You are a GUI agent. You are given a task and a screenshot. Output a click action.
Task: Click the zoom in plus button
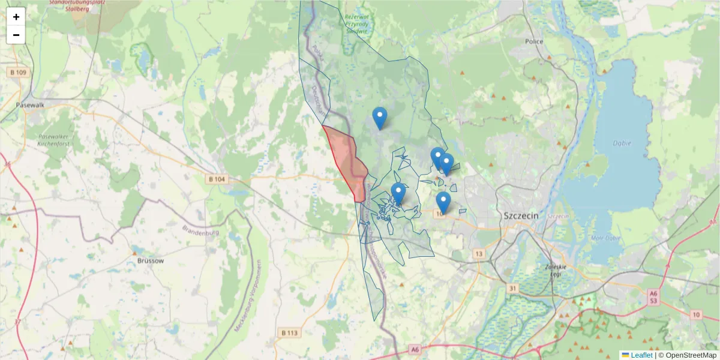click(16, 17)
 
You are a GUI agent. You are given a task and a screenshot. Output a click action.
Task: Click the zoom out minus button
click(16, 35)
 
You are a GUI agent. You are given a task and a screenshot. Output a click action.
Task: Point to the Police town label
click(533, 41)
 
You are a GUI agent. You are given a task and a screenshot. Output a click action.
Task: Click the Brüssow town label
click(150, 261)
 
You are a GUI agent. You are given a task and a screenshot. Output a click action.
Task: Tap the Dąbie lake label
click(620, 143)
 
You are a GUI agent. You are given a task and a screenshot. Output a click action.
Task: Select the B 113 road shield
click(289, 332)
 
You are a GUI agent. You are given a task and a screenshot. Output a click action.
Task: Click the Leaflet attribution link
click(641, 355)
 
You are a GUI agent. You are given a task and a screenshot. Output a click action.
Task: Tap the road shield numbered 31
click(512, 288)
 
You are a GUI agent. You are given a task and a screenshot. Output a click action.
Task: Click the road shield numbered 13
click(478, 254)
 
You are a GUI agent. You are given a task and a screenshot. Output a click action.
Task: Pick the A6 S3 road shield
click(653, 296)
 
